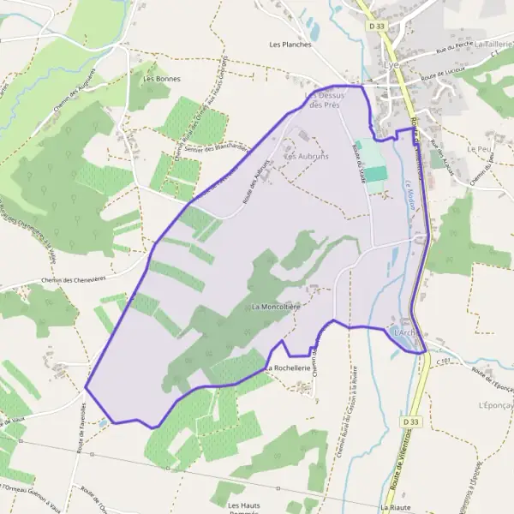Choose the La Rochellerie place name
coord(286,368)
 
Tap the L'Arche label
coord(404,332)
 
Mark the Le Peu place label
coord(478,148)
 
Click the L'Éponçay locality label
coord(494,403)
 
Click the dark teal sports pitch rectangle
coord(374,174)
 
